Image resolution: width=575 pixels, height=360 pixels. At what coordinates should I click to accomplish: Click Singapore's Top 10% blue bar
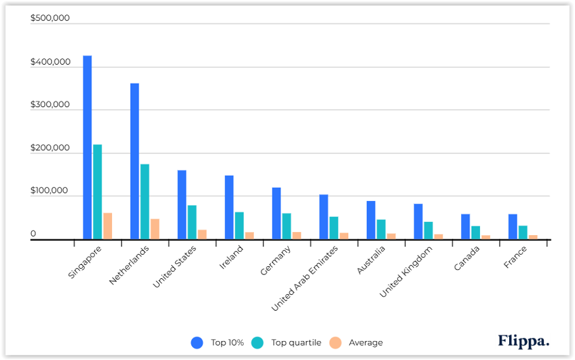[87, 148]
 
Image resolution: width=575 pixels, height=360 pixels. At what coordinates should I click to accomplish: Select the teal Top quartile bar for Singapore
[98, 192]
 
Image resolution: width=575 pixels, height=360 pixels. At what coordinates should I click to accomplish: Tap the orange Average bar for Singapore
[108, 226]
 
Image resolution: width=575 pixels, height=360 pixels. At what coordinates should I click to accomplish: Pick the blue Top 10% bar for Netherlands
[135, 162]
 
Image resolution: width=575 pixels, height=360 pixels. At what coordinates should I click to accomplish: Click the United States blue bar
[182, 205]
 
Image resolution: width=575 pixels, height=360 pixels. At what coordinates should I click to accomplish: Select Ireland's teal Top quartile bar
[239, 226]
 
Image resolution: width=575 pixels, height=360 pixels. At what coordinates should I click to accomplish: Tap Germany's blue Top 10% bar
[277, 214]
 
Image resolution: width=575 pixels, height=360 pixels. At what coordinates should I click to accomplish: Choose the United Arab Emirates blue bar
[324, 217]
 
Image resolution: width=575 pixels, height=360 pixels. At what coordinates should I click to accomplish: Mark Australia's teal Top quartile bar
[381, 229]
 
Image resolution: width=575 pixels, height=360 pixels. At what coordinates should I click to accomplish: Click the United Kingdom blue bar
[418, 222]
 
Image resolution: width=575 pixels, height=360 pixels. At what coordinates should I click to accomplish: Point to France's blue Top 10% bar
[512, 227]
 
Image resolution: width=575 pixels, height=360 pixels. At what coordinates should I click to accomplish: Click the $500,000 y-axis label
[50, 18]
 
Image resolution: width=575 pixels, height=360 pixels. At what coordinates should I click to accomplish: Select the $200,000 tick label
[50, 148]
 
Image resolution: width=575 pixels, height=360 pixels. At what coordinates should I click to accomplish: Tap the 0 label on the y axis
[33, 234]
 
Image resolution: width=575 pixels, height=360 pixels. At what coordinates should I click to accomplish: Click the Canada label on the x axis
[467, 258]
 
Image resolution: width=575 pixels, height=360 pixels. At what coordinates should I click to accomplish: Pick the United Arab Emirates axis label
[305, 278]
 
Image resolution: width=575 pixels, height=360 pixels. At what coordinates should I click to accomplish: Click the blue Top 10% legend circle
[196, 343]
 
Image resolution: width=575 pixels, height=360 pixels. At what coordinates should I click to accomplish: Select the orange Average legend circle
[336, 343]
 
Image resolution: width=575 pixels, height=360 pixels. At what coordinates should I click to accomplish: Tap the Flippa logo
[524, 341]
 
